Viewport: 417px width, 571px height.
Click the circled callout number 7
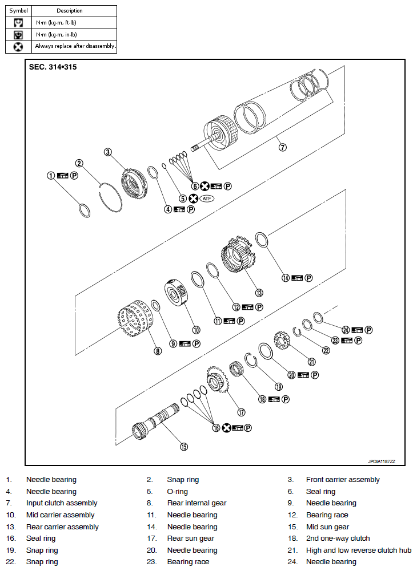click(x=282, y=147)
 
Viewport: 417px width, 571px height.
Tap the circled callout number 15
click(x=183, y=447)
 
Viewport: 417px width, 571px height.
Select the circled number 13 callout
click(x=259, y=293)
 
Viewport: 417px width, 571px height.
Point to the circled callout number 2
click(x=79, y=163)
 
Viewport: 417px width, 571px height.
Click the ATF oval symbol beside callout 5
click(x=207, y=199)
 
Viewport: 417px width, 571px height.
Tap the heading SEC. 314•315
click(x=53, y=67)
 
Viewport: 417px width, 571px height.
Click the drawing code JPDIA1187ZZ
click(x=382, y=460)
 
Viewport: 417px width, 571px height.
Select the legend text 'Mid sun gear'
click(x=327, y=527)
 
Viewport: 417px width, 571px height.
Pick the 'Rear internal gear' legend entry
click(x=197, y=503)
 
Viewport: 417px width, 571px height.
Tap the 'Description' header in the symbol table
click(x=69, y=11)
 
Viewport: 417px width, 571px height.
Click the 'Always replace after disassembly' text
click(x=75, y=46)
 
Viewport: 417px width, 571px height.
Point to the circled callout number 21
click(x=312, y=361)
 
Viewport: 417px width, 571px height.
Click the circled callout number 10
click(x=196, y=330)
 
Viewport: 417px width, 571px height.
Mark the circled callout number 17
click(x=241, y=412)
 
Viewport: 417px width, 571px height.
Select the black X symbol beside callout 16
click(x=226, y=428)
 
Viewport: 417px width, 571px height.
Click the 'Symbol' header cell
click(x=18, y=11)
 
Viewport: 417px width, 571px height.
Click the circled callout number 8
click(x=158, y=351)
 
